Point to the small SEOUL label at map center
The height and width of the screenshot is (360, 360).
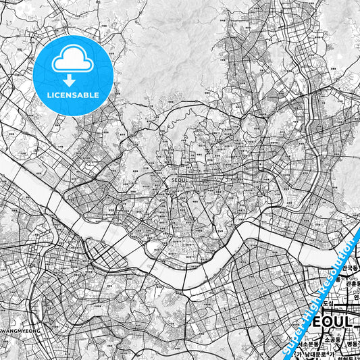[179, 180]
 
